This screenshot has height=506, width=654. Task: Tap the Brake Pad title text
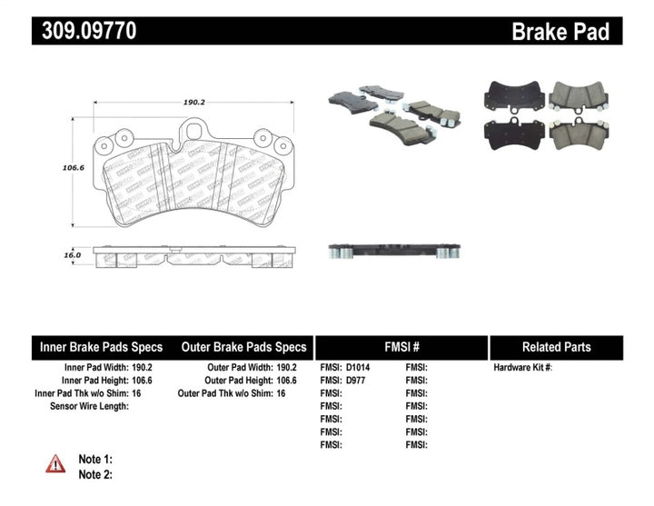click(x=560, y=32)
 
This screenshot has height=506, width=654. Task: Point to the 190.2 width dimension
click(x=193, y=103)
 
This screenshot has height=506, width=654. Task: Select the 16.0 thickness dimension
click(x=72, y=256)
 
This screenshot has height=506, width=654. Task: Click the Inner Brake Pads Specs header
click(x=101, y=347)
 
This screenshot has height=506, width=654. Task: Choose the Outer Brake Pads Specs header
click(x=244, y=347)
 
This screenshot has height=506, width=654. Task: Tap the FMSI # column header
click(x=401, y=347)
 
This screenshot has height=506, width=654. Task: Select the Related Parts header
click(x=556, y=347)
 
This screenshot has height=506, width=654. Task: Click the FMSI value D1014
click(x=360, y=368)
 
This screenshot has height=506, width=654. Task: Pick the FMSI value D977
click(x=357, y=381)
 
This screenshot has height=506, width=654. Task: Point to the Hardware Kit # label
click(x=522, y=368)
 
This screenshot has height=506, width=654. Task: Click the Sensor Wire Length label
click(x=89, y=406)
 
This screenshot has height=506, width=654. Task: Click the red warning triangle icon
click(x=56, y=463)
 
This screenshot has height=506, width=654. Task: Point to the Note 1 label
click(x=95, y=460)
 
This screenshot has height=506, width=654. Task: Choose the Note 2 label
click(x=95, y=474)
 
